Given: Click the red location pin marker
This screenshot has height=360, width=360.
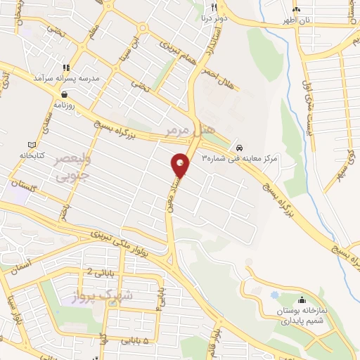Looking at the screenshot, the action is pyautogui.click(x=181, y=166).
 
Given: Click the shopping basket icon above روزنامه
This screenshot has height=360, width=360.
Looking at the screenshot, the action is pyautogui.click(x=65, y=94).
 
